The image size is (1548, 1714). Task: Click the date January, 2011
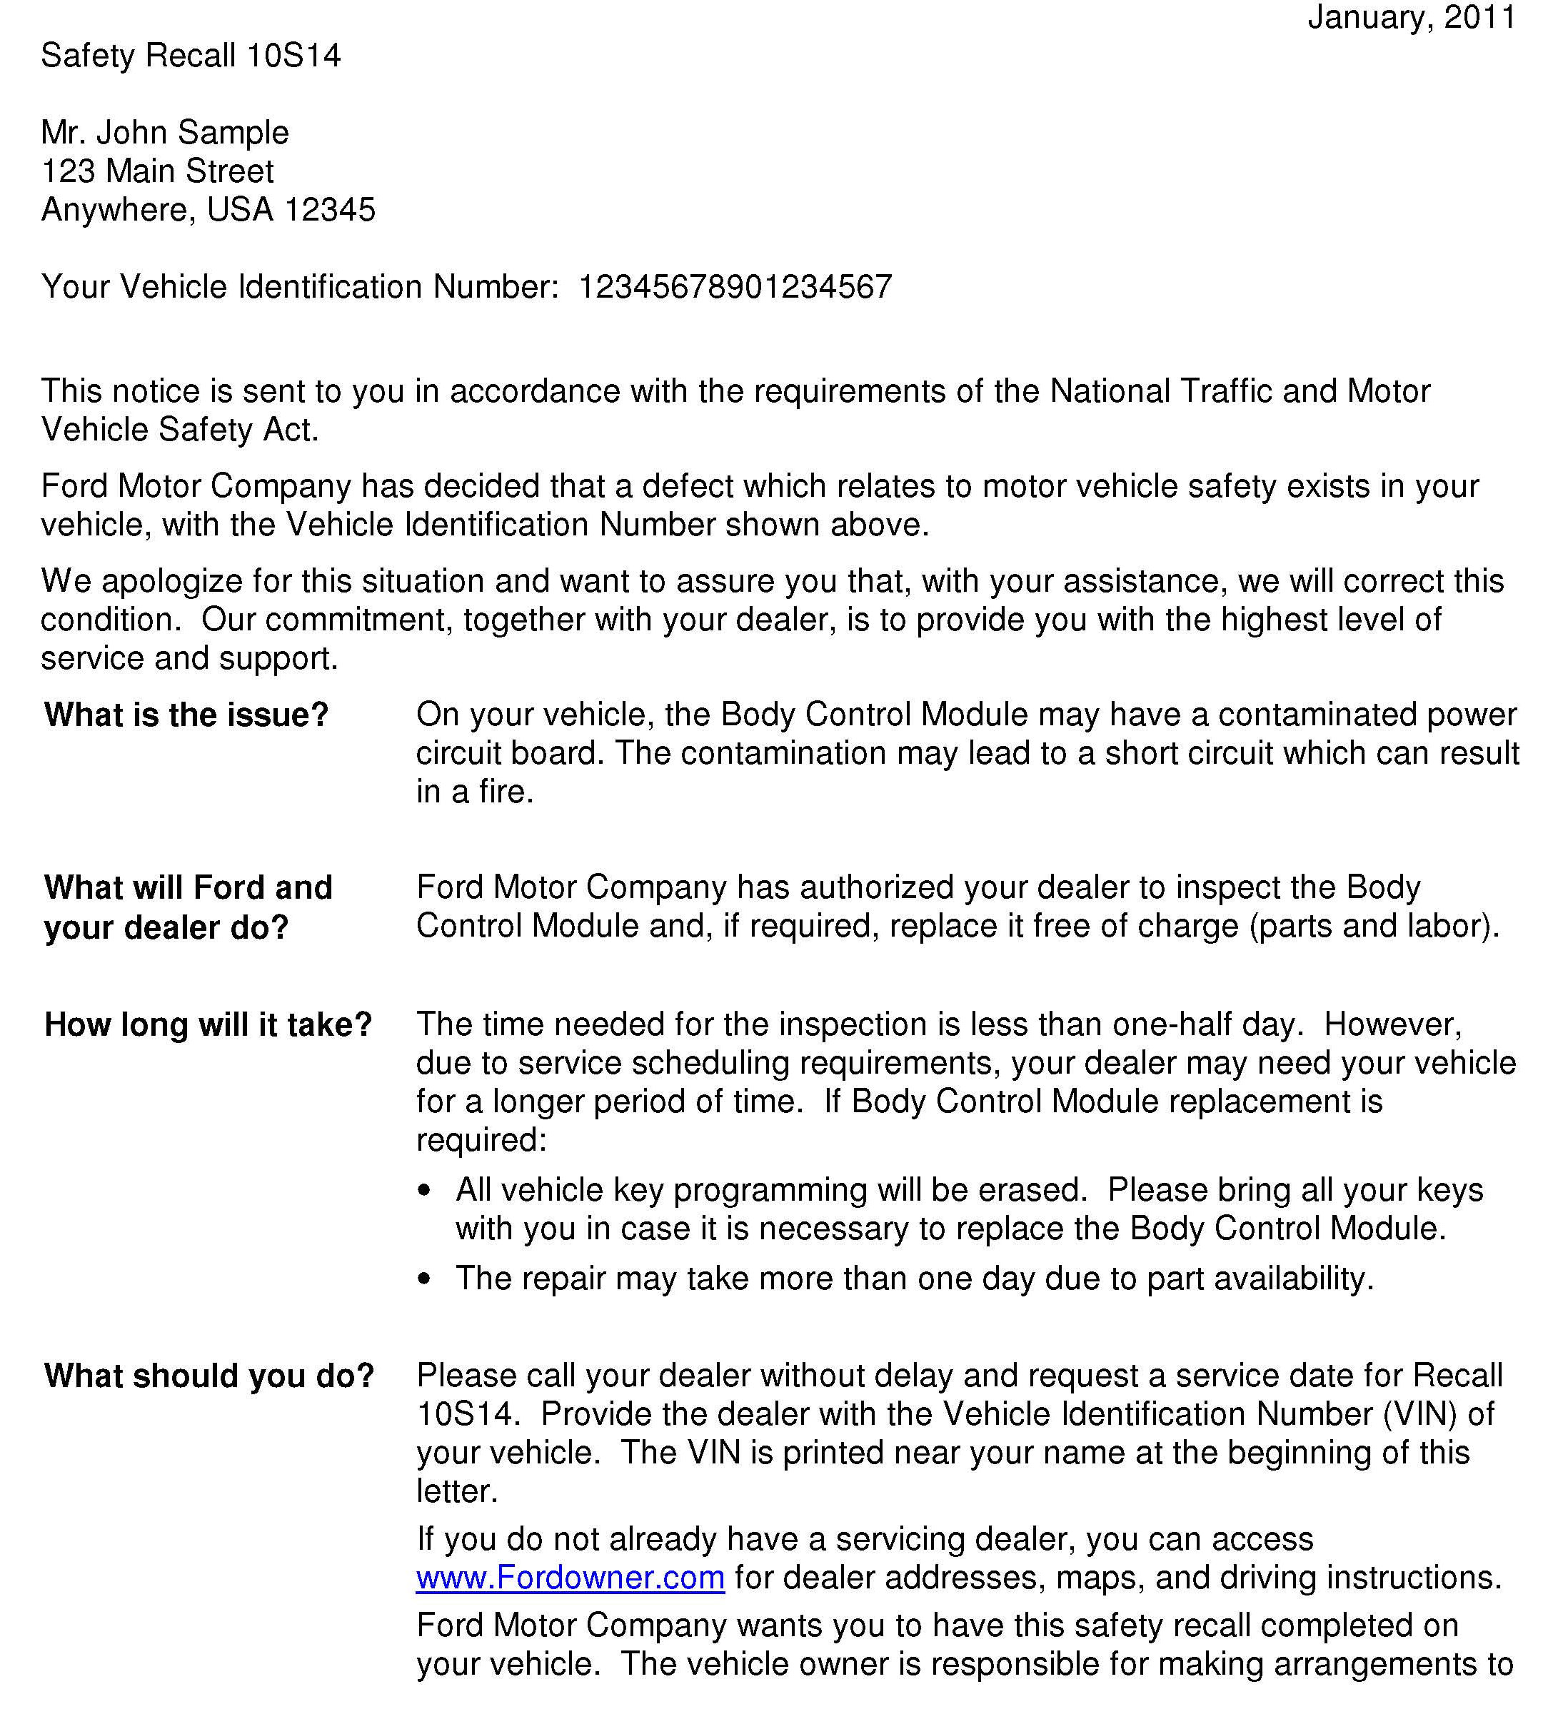(x=1411, y=18)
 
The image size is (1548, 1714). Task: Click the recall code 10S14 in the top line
(x=293, y=56)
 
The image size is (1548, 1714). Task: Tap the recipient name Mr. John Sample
(x=165, y=133)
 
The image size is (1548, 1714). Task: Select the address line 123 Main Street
(x=157, y=172)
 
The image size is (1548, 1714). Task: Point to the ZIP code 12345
(x=329, y=210)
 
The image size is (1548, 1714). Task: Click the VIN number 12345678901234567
(x=735, y=288)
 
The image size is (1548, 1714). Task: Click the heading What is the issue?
(x=186, y=715)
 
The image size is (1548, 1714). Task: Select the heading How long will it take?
(x=208, y=1024)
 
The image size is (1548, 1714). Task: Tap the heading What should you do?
(x=209, y=1376)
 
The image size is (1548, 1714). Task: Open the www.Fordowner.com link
(x=570, y=1577)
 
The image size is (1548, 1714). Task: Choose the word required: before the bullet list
(x=481, y=1140)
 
